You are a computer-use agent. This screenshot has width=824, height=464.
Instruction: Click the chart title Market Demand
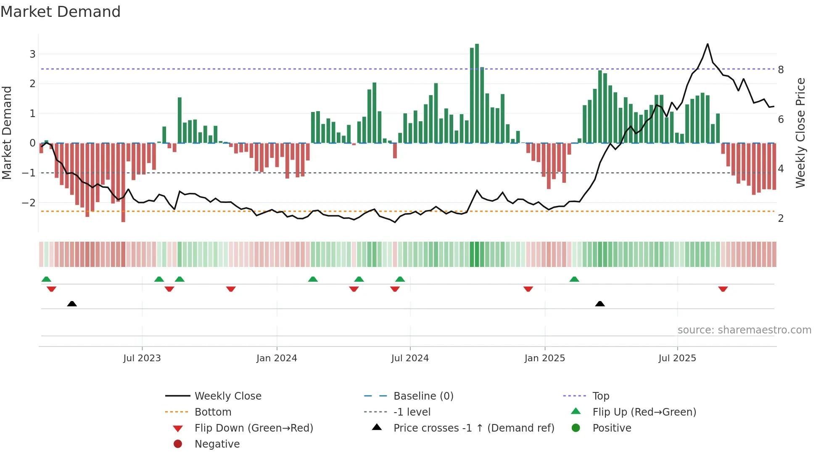[61, 12]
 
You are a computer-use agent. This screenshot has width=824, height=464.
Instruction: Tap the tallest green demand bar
[477, 93]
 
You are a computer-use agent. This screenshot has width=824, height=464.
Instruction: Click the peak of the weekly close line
[708, 44]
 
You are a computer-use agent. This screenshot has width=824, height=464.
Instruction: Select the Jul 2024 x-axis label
[410, 358]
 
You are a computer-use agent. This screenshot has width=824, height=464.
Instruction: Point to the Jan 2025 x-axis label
[544, 358]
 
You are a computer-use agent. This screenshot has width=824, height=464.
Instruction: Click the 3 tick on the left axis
[32, 54]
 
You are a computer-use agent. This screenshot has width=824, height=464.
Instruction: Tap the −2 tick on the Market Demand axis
[29, 203]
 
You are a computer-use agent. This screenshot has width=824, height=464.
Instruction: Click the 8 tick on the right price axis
[781, 70]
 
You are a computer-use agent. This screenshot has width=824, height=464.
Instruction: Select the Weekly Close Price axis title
[800, 133]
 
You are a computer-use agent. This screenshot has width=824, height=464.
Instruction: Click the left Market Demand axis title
[7, 133]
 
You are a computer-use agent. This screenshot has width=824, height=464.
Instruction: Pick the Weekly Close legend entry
[227, 396]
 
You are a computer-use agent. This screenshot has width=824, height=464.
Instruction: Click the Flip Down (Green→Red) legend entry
[254, 428]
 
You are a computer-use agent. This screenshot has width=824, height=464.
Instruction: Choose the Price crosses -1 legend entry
[473, 428]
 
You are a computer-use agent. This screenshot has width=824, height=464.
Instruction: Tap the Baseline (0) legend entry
[423, 396]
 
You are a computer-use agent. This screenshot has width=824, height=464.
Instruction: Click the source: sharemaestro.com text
[744, 330]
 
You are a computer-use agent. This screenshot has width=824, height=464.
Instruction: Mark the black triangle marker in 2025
[600, 304]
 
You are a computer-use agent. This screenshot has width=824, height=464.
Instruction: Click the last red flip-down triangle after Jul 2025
[723, 289]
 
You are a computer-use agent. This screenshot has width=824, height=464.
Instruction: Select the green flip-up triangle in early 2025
[574, 279]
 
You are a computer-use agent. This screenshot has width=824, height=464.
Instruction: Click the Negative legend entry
[217, 444]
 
